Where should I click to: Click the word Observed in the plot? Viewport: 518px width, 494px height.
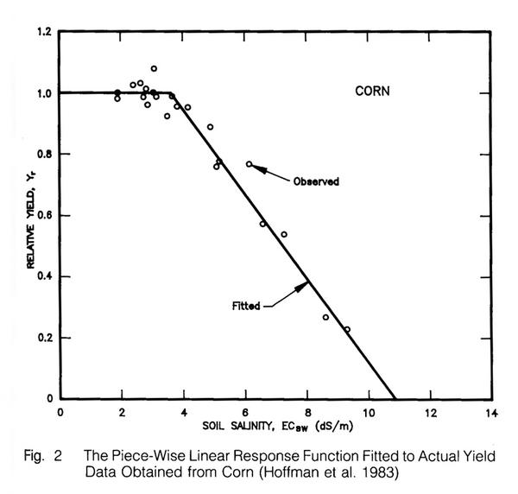[x=316, y=181]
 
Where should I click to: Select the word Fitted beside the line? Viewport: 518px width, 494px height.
[x=246, y=305]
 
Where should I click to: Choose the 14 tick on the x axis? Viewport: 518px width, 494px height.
[x=491, y=411]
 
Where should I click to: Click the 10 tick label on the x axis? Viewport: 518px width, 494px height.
[x=369, y=411]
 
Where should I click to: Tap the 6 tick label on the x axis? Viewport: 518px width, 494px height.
[x=245, y=411]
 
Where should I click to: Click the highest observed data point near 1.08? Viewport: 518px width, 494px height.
[x=154, y=68]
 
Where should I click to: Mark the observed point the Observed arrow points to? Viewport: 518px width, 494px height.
[x=249, y=164]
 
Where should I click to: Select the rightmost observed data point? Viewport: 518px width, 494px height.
[x=347, y=329]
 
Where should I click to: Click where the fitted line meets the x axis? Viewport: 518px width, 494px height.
[x=395, y=399]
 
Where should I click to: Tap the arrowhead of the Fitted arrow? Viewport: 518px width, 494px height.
[x=307, y=285]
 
